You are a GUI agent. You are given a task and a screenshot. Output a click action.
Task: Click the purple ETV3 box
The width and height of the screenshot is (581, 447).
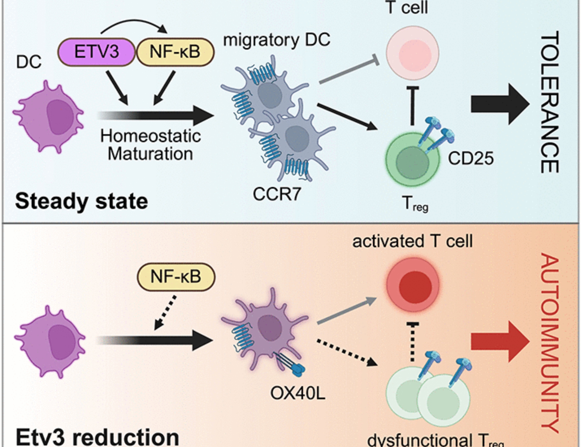(x=96, y=52)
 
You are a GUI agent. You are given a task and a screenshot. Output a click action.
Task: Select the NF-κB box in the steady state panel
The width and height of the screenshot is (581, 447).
(x=175, y=52)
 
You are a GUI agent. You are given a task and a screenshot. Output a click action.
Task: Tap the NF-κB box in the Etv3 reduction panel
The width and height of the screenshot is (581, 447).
(x=176, y=276)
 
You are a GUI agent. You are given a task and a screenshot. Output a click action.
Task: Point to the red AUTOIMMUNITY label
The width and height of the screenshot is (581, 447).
(x=550, y=343)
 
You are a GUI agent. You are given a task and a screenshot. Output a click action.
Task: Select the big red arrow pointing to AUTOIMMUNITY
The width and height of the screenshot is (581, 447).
(x=500, y=341)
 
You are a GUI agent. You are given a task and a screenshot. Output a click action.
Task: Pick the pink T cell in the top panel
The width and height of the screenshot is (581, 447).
(x=412, y=53)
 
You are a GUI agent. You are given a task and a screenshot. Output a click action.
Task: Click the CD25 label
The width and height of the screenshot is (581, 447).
(x=471, y=159)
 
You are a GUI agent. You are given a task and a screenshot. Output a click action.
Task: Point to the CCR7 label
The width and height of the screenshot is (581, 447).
(x=277, y=194)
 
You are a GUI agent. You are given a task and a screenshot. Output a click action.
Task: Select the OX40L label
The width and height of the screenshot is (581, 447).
(x=298, y=394)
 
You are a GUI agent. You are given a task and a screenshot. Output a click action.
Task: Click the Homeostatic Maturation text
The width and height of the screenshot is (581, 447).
(x=150, y=145)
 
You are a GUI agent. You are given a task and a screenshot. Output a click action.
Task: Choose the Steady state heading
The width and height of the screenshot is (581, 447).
(x=81, y=201)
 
